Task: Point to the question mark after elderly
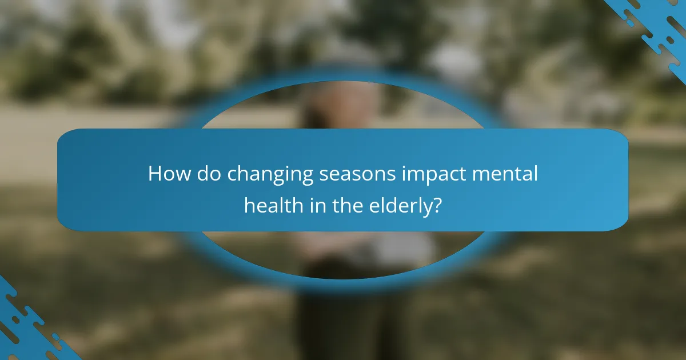(x=437, y=204)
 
